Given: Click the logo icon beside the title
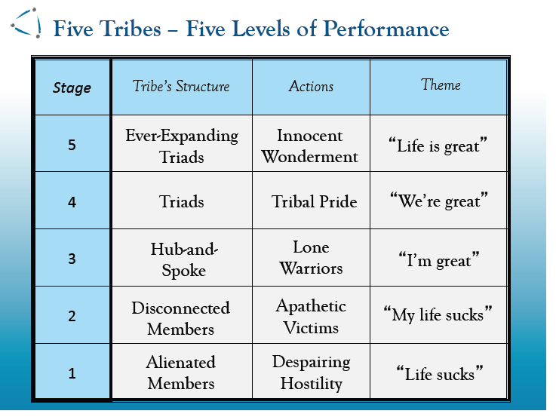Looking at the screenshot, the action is [x=26, y=23].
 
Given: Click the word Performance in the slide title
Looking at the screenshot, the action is [x=386, y=29].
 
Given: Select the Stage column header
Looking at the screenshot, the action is [x=72, y=87].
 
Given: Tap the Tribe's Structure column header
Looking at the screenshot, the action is [x=181, y=86].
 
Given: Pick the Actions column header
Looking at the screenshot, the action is [x=311, y=86].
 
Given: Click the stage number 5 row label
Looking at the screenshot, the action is [x=72, y=145].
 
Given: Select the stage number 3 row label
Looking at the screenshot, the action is [x=72, y=259].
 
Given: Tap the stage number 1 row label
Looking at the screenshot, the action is [x=72, y=373].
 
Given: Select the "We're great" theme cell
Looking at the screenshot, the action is [x=439, y=201].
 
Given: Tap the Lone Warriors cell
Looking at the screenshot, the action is [x=311, y=258].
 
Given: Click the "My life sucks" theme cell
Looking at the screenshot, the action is [x=438, y=314].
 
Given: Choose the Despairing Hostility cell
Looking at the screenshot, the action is [x=312, y=372].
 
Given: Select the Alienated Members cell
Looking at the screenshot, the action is [x=181, y=372].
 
